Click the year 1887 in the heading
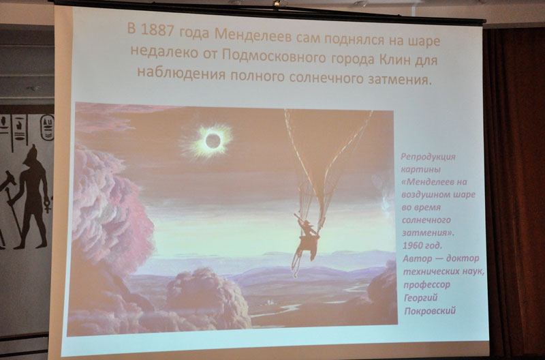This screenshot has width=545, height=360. tap(157, 31)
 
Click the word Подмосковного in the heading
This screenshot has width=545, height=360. tap(274, 56)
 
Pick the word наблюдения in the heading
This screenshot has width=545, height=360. tap(181, 73)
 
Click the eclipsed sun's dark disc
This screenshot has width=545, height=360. tap(213, 140)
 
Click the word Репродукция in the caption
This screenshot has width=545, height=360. tap(428, 157)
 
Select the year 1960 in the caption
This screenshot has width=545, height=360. tap(412, 245)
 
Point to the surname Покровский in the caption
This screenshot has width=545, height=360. tap(430, 311)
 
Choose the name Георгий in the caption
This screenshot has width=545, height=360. tap(421, 298)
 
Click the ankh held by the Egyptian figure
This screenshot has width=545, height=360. tap(48, 206)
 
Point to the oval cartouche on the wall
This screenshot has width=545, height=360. tap(47, 127)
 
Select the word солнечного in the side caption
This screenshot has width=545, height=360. tap(426, 220)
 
